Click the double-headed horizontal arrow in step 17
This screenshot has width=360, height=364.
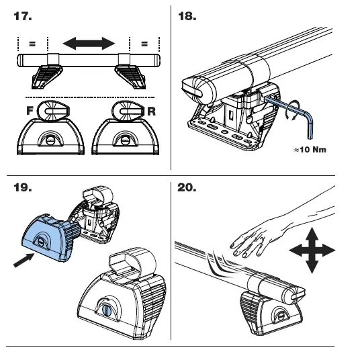87,44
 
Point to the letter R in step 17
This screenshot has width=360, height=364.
151,111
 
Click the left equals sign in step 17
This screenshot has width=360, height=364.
31,44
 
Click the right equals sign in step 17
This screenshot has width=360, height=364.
144,44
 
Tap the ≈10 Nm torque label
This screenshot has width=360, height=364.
310,148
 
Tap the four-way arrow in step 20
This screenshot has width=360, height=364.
311,251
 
